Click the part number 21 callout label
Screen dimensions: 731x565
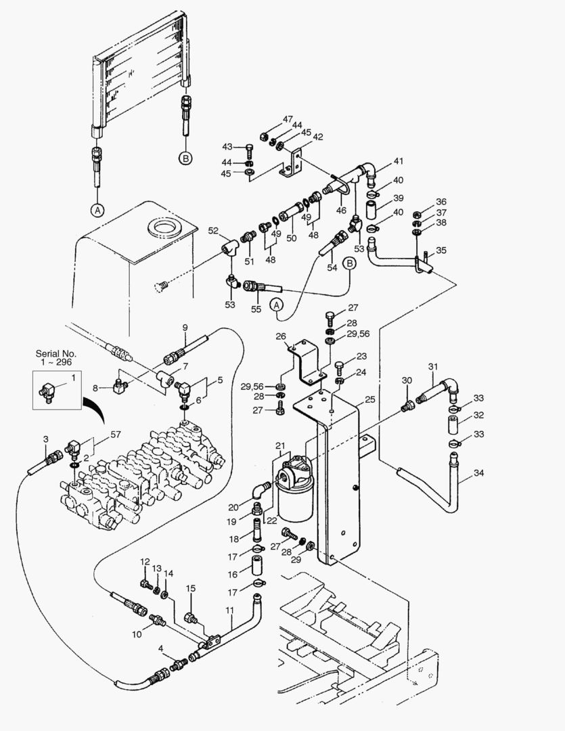point(280,445)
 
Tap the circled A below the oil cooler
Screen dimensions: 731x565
point(98,210)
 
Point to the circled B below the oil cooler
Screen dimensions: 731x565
point(185,158)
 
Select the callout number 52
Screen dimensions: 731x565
point(213,230)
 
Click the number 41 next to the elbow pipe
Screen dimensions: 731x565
point(398,161)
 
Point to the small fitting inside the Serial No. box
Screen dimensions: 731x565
point(49,391)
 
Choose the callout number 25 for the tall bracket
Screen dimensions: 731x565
point(369,400)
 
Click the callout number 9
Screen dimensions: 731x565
point(184,328)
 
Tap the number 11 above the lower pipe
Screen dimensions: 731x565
point(229,611)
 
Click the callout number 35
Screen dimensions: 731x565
point(441,250)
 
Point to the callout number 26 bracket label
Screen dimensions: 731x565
point(281,336)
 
